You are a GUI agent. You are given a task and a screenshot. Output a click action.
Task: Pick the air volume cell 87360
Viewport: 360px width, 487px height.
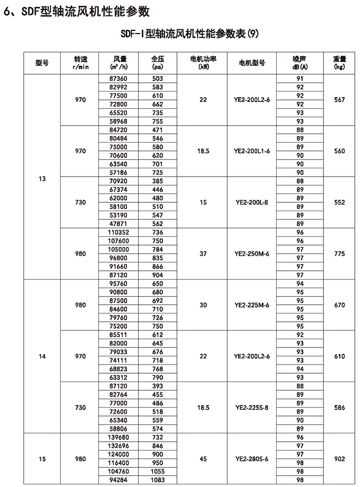point(118,78)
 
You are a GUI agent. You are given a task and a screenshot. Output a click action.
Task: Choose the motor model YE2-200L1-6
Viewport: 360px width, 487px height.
point(252,151)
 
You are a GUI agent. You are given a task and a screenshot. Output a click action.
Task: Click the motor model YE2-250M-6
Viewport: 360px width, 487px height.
point(252,254)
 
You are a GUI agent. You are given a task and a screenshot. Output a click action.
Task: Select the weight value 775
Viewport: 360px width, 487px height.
point(339,254)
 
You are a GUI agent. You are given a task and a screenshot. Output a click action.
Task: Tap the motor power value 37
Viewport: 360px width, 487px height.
point(203,254)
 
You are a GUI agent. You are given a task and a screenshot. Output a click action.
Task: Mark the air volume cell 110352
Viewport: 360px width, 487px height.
point(118,232)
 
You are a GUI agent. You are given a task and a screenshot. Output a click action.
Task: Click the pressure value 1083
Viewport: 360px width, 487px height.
point(157,480)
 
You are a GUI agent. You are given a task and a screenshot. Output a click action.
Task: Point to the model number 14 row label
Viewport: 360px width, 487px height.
point(42,356)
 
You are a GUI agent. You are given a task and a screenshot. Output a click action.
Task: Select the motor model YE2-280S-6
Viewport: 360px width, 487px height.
point(252,459)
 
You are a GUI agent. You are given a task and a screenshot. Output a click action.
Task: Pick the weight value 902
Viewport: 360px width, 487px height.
point(339,459)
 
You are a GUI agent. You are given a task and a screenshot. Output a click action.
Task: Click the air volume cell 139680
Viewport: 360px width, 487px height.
point(118,437)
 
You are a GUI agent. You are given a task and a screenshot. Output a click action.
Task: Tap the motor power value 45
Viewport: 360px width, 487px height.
point(203,459)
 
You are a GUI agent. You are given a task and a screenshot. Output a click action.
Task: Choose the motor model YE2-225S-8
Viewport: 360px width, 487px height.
point(252,407)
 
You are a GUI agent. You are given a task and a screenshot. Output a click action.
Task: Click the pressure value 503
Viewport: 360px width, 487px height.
point(157,78)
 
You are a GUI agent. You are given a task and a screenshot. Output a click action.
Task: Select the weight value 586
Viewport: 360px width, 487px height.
point(339,407)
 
